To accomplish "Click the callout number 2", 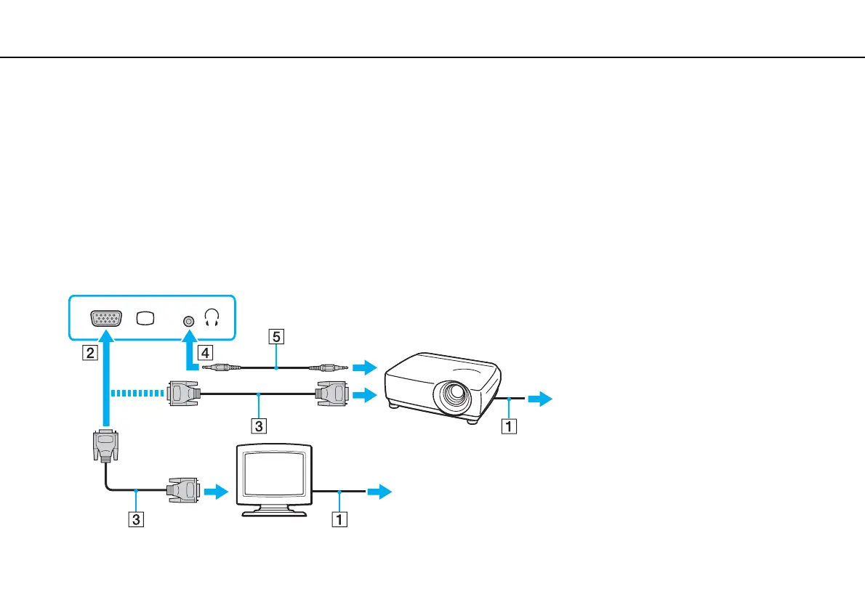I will (x=89, y=354).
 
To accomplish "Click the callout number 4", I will (x=206, y=354).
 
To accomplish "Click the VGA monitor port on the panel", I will (x=106, y=320).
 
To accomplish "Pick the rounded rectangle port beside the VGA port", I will (x=145, y=320).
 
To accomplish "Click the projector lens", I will (x=452, y=397).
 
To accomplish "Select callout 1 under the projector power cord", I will (x=512, y=426).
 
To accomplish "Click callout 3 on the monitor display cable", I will (x=136, y=519).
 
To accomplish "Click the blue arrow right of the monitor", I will (x=379, y=492).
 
